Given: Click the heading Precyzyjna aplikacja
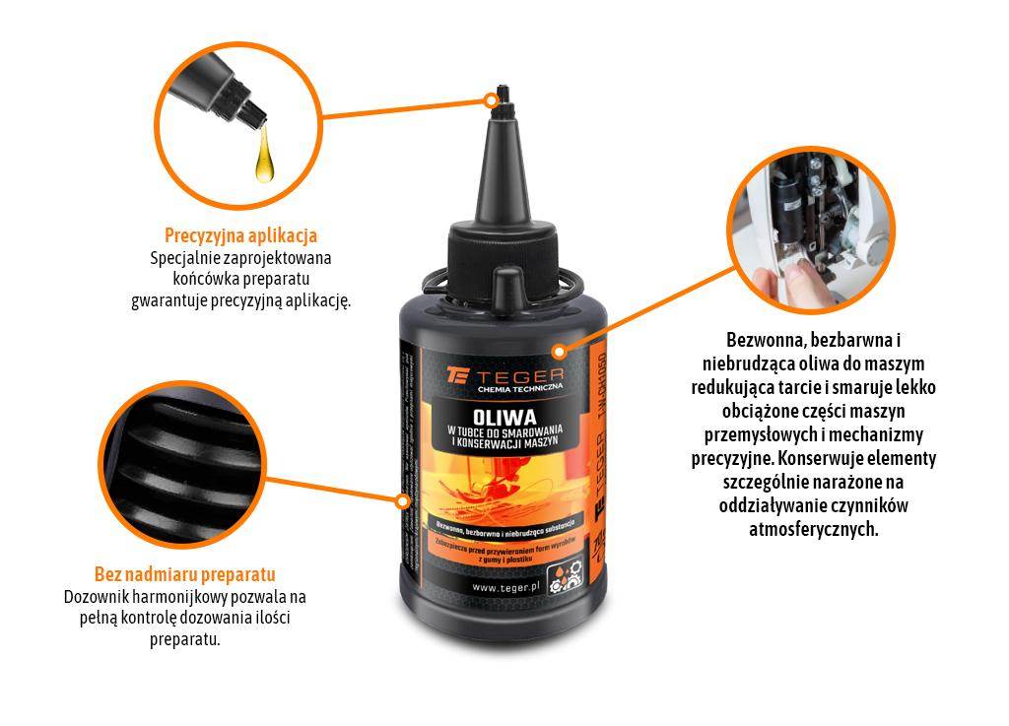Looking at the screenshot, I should point(240,235).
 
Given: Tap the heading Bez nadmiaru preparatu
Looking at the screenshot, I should point(184,574).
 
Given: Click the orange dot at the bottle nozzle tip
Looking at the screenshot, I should point(490,99).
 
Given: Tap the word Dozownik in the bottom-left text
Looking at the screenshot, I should point(97,597).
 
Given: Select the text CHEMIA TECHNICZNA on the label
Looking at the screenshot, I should point(517,391).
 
